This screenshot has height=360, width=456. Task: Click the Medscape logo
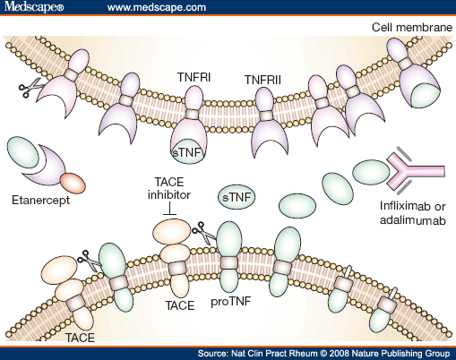(34, 8)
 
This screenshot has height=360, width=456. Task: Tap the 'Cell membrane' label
(411, 27)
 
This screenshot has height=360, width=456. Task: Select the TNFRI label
(193, 79)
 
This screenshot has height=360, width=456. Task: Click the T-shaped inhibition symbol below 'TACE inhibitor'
(168, 210)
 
